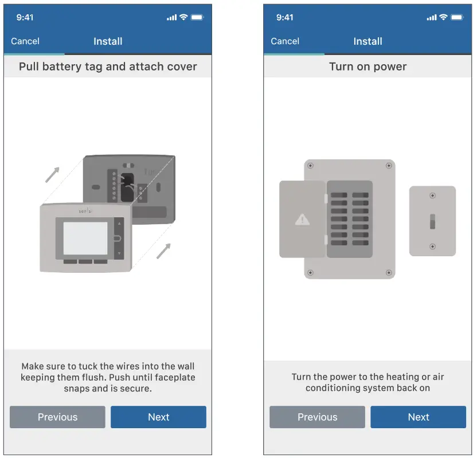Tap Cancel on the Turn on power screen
click(x=285, y=41)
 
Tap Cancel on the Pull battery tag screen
click(x=25, y=41)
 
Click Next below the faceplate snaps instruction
click(x=158, y=417)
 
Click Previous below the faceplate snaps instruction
click(x=57, y=417)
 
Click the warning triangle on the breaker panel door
click(x=302, y=220)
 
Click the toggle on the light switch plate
click(x=432, y=221)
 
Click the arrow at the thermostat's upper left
click(x=52, y=174)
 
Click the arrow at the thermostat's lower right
click(x=163, y=251)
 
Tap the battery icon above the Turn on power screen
click(x=457, y=18)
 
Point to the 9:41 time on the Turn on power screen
click(x=284, y=18)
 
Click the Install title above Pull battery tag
click(x=108, y=41)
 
